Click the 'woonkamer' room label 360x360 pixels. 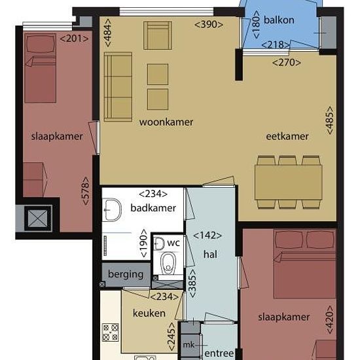(166, 122)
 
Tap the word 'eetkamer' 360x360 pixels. (287, 136)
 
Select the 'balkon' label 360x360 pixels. (279, 20)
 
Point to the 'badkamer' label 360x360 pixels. (153, 208)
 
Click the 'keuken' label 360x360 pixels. (149, 313)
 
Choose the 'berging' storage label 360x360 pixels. (126, 274)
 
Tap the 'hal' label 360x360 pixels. (210, 255)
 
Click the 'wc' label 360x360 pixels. (173, 243)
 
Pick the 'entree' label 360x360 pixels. (219, 353)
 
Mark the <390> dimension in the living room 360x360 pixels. (209, 24)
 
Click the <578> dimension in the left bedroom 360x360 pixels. (85, 190)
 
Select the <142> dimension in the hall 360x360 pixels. (207, 236)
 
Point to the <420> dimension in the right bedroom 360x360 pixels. (329, 319)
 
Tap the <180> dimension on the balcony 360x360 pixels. (256, 24)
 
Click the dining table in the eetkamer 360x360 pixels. (289, 183)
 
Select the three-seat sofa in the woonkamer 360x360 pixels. (118, 86)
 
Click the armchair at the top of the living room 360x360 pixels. (158, 35)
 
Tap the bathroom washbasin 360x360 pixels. (112, 210)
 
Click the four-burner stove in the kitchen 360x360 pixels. (111, 333)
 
